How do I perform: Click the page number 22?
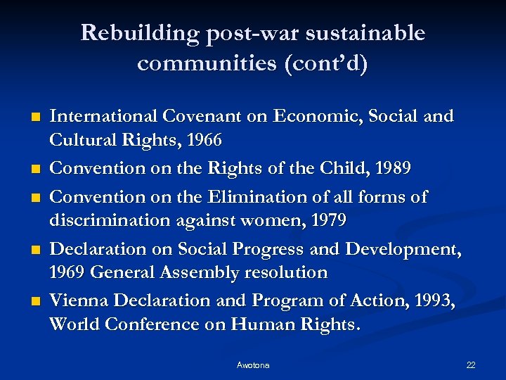(x=471, y=365)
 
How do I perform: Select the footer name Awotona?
(x=253, y=365)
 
